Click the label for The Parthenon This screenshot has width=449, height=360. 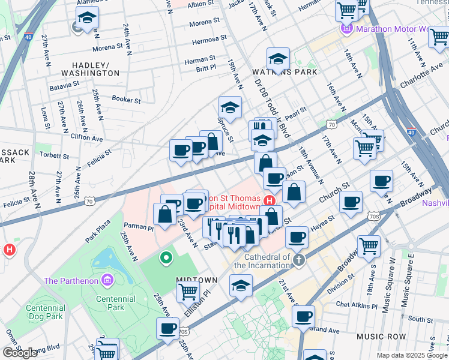point(71,281)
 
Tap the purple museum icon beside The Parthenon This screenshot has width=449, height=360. point(107,280)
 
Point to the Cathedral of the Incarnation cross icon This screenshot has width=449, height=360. point(300,260)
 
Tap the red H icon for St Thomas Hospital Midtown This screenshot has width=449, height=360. point(270,200)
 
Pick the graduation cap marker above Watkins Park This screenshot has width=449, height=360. point(278,59)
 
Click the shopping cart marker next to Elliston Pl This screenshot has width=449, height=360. point(188,292)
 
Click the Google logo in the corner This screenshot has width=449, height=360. point(20,353)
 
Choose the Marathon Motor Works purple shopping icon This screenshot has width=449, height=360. point(347,28)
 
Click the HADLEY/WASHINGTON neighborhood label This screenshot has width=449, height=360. point(95,68)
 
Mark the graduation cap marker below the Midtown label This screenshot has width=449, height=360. point(241,286)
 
